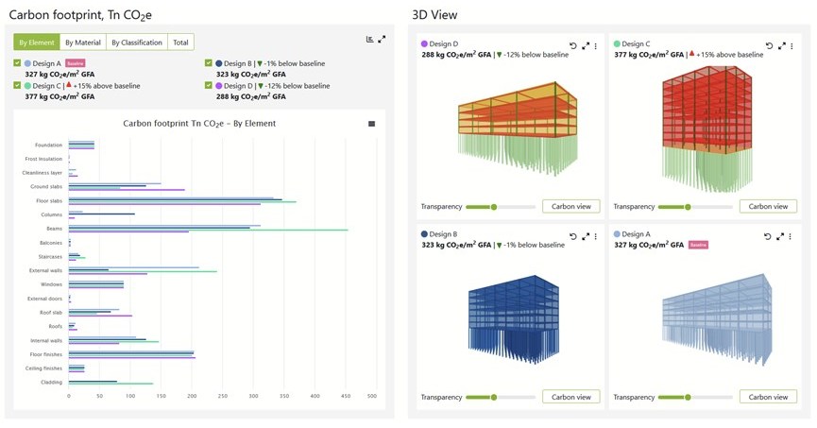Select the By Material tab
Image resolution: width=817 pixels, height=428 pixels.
[82, 43]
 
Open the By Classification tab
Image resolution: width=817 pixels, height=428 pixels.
[136, 43]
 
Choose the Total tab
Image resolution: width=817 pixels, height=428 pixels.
[180, 43]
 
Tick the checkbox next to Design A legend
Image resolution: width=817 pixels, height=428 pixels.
[18, 63]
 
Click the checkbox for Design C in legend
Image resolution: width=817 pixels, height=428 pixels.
[18, 86]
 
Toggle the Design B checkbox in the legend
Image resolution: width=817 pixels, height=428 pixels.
[209, 63]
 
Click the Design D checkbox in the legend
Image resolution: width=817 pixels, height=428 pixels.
[209, 86]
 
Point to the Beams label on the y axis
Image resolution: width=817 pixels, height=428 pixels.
[54, 229]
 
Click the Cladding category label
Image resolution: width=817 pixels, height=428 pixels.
[52, 383]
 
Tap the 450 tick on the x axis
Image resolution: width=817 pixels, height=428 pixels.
[345, 396]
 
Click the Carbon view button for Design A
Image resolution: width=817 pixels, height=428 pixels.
[768, 397]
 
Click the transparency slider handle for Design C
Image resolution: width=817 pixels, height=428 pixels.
[688, 207]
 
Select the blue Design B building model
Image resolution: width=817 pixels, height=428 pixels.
[515, 321]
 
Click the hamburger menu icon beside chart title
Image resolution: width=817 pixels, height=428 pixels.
[371, 124]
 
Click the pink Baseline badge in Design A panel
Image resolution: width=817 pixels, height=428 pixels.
[699, 245]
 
